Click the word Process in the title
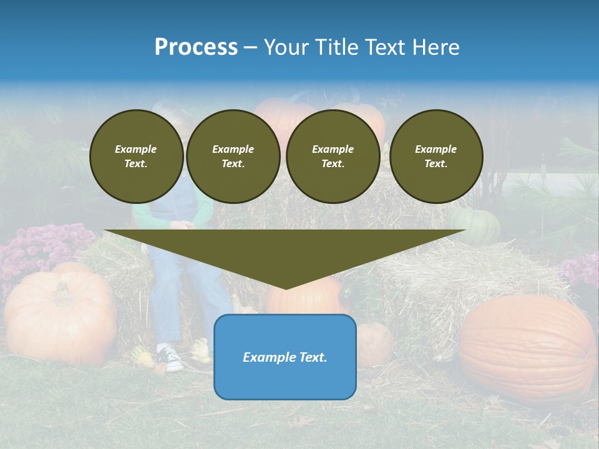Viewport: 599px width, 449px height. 196,47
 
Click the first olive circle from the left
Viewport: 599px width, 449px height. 136,156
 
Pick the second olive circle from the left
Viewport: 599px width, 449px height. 233,156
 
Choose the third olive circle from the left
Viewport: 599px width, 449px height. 333,156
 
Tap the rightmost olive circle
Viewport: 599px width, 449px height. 436,156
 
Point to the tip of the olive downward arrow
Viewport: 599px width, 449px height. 285,288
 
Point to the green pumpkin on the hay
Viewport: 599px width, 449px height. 475,226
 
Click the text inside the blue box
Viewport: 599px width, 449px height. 285,357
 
